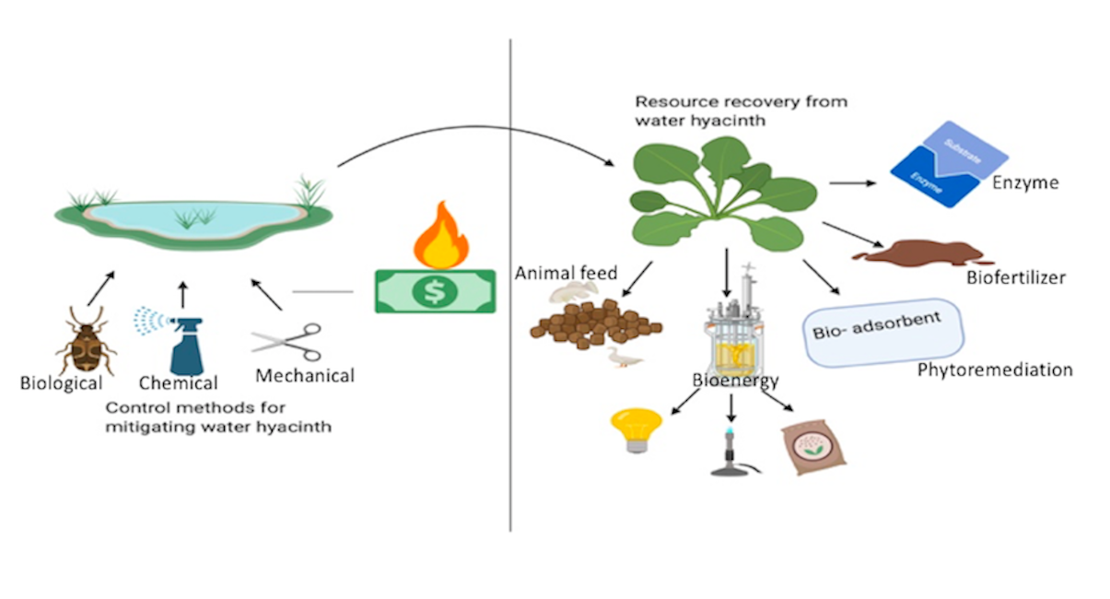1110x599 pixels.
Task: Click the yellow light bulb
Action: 635,429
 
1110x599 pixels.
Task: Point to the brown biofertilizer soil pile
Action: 921,253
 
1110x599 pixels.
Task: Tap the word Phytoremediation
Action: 995,370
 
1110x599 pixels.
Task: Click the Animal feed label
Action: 566,273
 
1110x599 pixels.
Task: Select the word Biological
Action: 61,382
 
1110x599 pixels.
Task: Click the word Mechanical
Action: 305,376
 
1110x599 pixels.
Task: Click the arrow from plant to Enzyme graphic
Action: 852,182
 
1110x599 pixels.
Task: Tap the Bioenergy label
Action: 735,381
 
